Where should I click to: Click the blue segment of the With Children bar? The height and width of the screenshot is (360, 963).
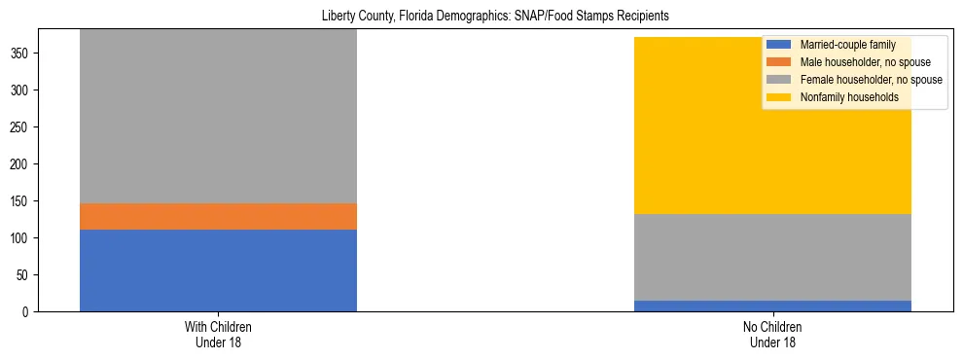tap(218, 270)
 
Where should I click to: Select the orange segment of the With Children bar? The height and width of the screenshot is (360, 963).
tap(218, 216)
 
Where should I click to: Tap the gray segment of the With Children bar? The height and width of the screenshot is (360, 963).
tap(218, 117)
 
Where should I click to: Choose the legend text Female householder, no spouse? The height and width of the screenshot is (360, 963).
tap(871, 80)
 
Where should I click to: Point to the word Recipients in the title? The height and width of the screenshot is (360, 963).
tap(643, 17)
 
